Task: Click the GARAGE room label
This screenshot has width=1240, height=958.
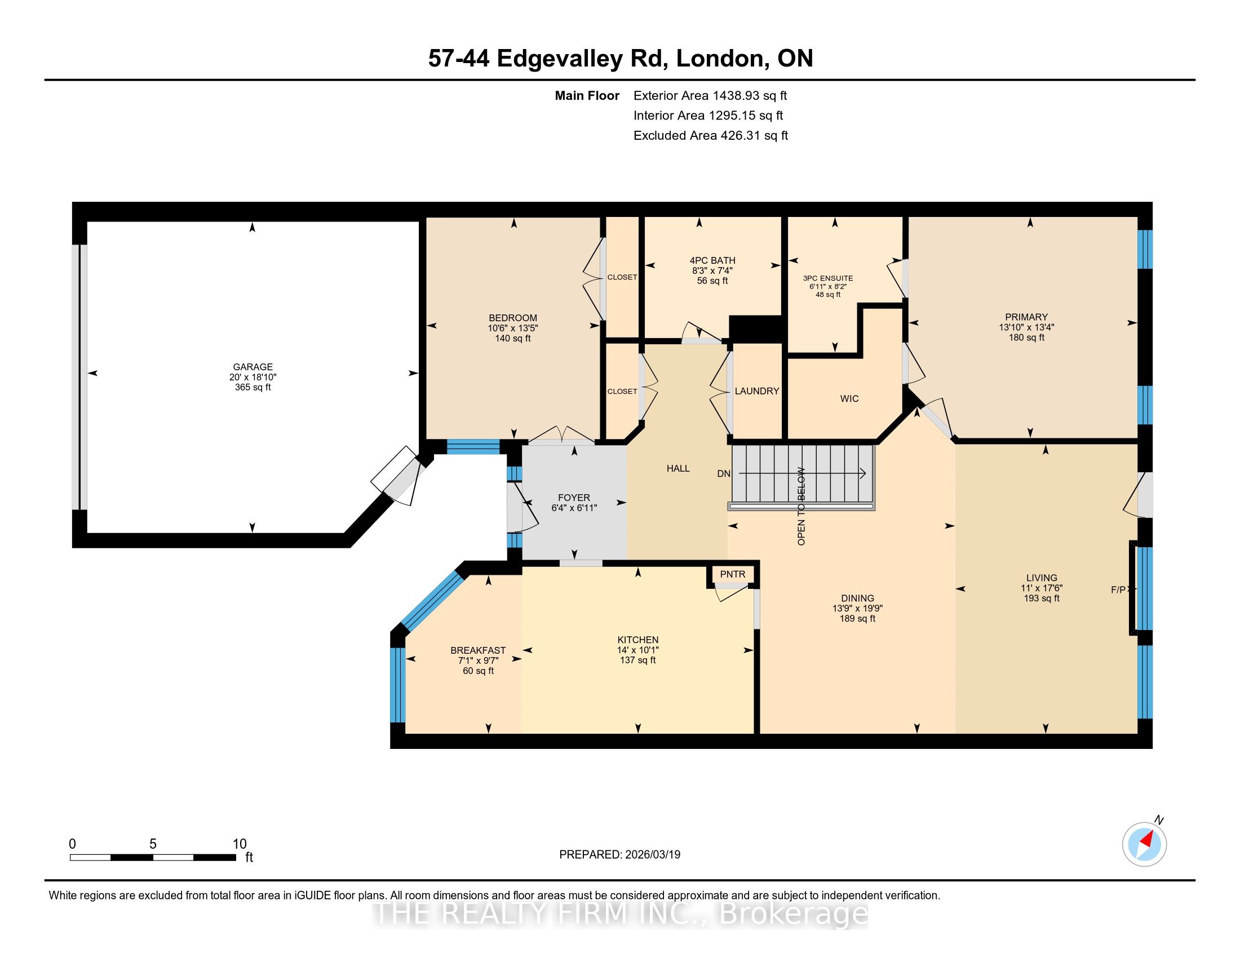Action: [x=253, y=367]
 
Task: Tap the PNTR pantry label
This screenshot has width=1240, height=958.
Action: [x=732, y=574]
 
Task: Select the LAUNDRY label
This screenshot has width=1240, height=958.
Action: [x=757, y=391]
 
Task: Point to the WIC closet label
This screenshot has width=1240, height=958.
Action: [x=849, y=399]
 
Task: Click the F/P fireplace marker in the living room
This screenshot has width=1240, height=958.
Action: [x=1118, y=590]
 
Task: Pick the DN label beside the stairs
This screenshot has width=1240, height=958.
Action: [x=723, y=474]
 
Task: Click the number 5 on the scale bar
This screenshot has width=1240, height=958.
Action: [x=153, y=844]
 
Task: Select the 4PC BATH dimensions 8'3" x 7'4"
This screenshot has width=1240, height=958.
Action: [x=712, y=270]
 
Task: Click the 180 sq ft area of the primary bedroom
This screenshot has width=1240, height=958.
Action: [x=1026, y=338]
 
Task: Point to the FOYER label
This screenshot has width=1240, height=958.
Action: [x=574, y=498]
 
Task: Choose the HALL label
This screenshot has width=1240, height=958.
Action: [x=678, y=468]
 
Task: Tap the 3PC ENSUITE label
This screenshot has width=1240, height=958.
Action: [x=828, y=278]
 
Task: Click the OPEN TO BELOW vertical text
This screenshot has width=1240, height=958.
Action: [x=801, y=506]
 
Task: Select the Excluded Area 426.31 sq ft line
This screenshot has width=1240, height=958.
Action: [x=711, y=136]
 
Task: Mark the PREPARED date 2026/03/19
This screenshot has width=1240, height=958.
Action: [x=652, y=855]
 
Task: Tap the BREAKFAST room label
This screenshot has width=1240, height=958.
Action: [x=478, y=650]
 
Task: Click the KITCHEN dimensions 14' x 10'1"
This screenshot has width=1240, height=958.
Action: [x=638, y=650]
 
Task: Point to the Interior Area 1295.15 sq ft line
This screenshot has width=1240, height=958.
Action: [x=708, y=116]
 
